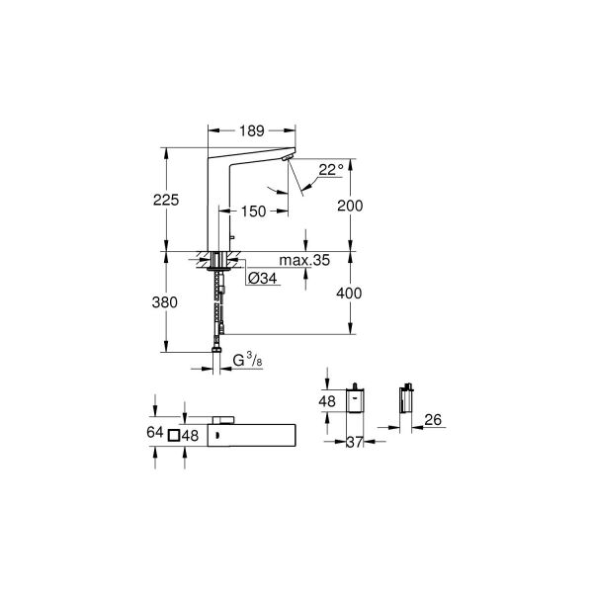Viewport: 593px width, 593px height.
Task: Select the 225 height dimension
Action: (168, 200)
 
